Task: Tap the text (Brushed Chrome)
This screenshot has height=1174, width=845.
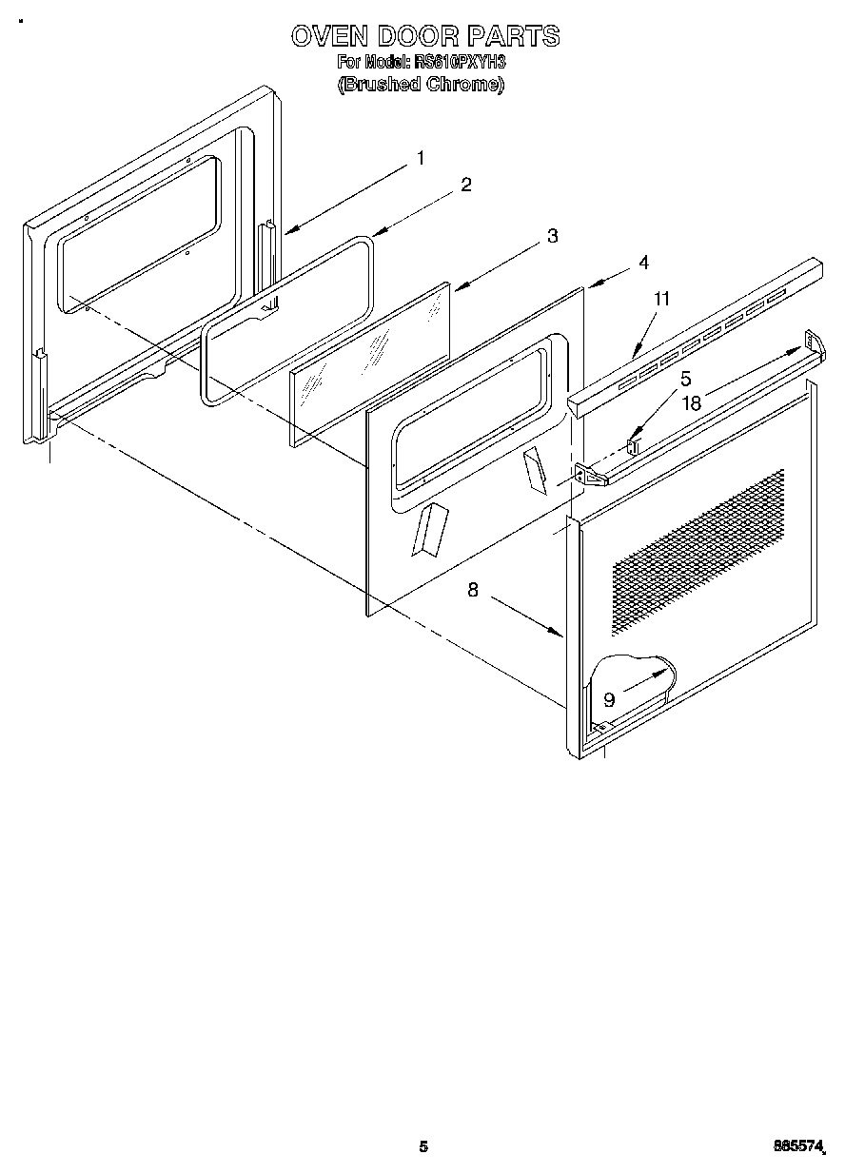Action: point(422,84)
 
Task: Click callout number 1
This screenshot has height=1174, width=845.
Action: point(420,159)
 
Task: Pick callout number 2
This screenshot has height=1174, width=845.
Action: point(465,186)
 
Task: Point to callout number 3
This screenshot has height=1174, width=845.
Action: point(552,237)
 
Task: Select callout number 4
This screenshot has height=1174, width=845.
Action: point(644,262)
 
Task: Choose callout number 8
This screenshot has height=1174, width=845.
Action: point(473,590)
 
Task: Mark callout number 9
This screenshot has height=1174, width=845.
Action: point(609,700)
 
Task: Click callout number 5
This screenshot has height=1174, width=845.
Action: point(685,379)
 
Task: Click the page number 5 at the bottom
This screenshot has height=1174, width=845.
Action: point(423,1146)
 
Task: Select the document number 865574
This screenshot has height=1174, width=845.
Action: point(799,1147)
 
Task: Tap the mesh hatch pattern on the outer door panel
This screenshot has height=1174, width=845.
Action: point(685,552)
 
